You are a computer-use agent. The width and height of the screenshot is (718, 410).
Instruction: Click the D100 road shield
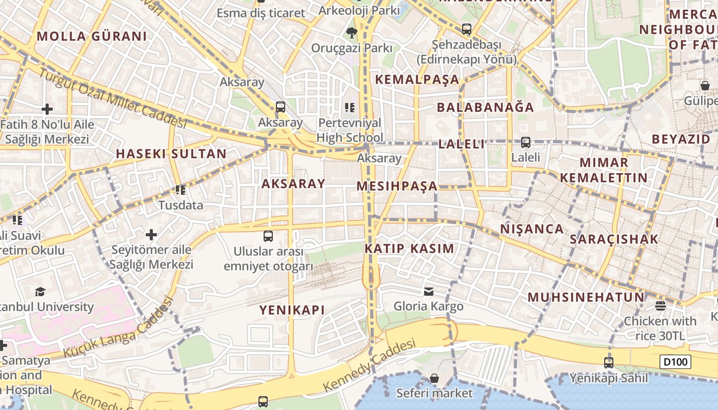[675, 362]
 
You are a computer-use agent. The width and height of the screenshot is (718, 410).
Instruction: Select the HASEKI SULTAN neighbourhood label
[171, 154]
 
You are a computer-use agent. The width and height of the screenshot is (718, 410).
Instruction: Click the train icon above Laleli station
[526, 142]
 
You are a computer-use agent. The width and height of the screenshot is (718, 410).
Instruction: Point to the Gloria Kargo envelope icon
[429, 292]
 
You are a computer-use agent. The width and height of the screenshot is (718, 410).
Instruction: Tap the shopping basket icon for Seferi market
[434, 379]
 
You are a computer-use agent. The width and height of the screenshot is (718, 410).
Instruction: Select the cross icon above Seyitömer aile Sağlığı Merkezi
[151, 235]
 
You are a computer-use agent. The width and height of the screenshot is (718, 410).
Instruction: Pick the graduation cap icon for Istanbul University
[40, 292]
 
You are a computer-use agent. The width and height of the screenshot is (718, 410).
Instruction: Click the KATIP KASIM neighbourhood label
[409, 249]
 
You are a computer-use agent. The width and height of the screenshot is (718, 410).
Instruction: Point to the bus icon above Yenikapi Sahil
[609, 363]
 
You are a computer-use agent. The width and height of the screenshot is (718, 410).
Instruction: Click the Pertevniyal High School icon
[350, 108]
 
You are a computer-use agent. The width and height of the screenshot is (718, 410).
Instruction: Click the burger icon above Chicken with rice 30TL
[661, 306]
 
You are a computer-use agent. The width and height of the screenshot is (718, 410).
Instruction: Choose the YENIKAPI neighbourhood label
[292, 310]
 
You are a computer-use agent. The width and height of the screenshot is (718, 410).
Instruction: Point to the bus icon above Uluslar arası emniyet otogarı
[268, 236]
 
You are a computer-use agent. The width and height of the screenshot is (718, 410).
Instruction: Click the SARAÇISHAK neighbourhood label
[614, 239]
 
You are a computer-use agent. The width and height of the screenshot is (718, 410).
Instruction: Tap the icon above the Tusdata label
[181, 190]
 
